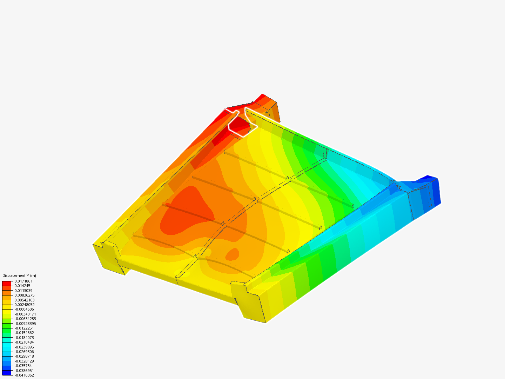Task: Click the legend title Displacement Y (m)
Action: pos(19,275)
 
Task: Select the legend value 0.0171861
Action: pos(23,281)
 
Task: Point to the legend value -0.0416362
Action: pos(24,375)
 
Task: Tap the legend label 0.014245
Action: pos(22,286)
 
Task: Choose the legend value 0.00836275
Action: pos(25,295)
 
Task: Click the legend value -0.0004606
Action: pos(24,309)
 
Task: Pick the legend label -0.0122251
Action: pos(24,328)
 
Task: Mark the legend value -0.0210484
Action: pos(24,342)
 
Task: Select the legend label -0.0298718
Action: pos(24,357)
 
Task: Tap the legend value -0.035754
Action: pos(23,366)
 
